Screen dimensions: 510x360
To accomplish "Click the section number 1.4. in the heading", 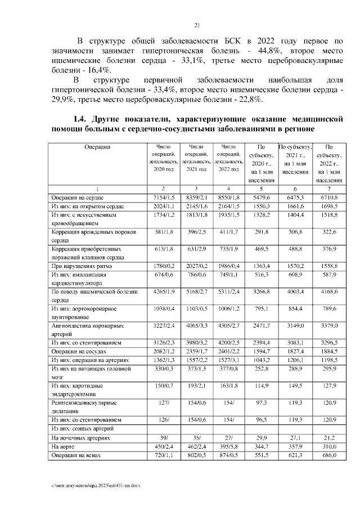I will point(83,119).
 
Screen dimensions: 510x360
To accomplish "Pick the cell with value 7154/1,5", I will point(163,198).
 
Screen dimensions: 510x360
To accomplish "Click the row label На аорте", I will point(63,445).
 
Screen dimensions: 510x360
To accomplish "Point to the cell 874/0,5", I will point(228,454).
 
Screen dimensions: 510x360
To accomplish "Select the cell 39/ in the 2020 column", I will point(163,436).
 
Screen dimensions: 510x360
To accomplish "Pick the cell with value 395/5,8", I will point(228,445).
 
